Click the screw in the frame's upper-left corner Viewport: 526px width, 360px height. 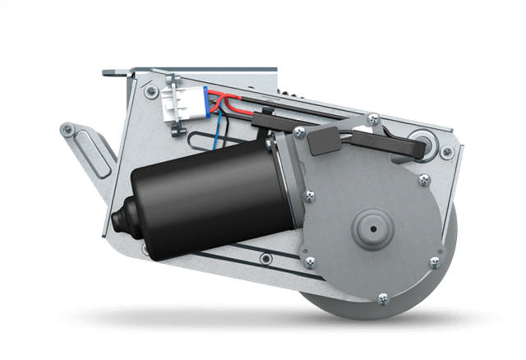pyautogui.click(x=150, y=91)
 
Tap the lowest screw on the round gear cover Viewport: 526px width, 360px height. pyautogui.click(x=381, y=299)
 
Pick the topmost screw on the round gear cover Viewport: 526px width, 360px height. pyautogui.click(x=373, y=120)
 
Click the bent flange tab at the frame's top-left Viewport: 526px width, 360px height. pyautogui.click(x=115, y=73)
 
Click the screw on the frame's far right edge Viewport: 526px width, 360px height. pyautogui.click(x=446, y=153)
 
